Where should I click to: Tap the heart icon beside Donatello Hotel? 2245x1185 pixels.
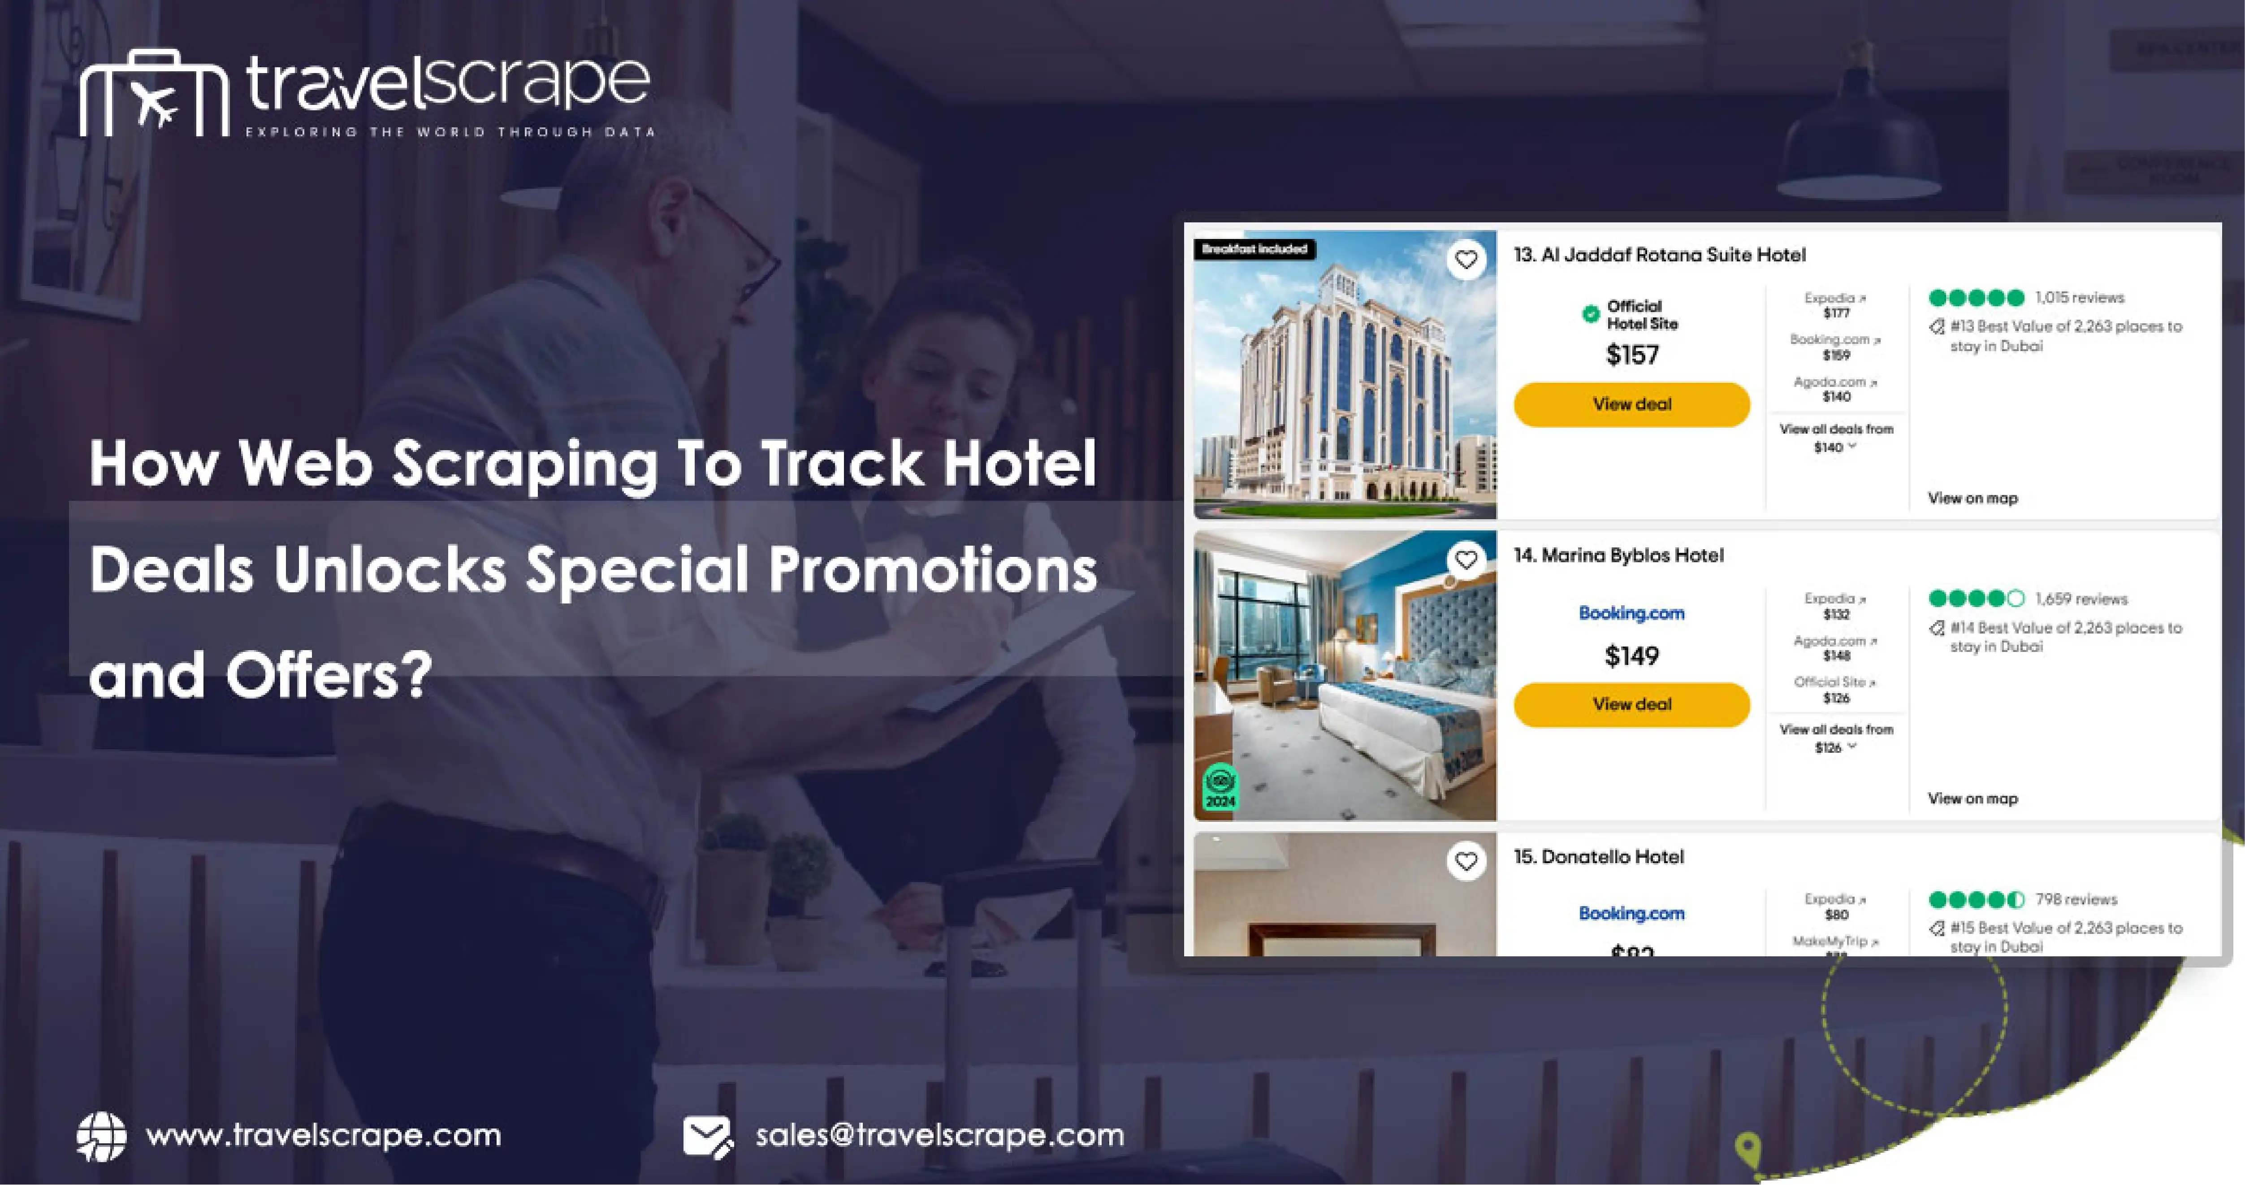coord(1466,861)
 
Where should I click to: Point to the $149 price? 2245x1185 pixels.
coord(1631,655)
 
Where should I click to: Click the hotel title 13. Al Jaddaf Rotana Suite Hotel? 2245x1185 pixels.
coord(1659,255)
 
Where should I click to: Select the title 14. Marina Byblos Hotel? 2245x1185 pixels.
coord(1618,556)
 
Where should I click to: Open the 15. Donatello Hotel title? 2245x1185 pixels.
coord(1598,856)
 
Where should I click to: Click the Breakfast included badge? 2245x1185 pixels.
coord(1254,249)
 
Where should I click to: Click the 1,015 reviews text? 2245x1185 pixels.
coord(2080,297)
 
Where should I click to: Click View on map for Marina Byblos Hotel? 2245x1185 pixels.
coord(1972,799)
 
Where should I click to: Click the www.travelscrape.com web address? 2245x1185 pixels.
coord(323,1135)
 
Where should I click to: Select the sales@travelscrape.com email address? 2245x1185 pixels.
coord(939,1135)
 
